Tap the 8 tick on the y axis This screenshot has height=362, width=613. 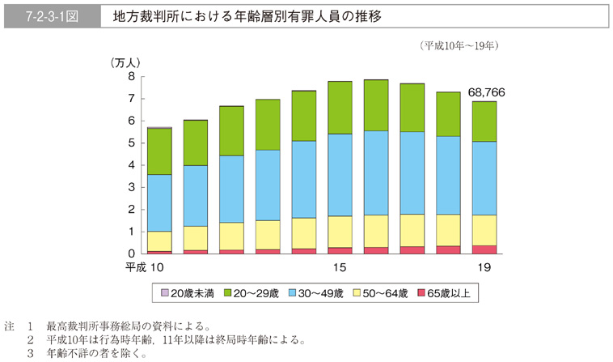(131, 77)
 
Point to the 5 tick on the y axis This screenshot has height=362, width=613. (131, 143)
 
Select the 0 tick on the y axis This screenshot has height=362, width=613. (131, 254)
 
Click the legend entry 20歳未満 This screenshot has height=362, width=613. (188, 292)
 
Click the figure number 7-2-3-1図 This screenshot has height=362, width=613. (50, 16)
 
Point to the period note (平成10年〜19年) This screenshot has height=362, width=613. (459, 46)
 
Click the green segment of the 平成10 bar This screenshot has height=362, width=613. (159, 151)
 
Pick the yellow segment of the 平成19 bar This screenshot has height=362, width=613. (484, 230)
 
